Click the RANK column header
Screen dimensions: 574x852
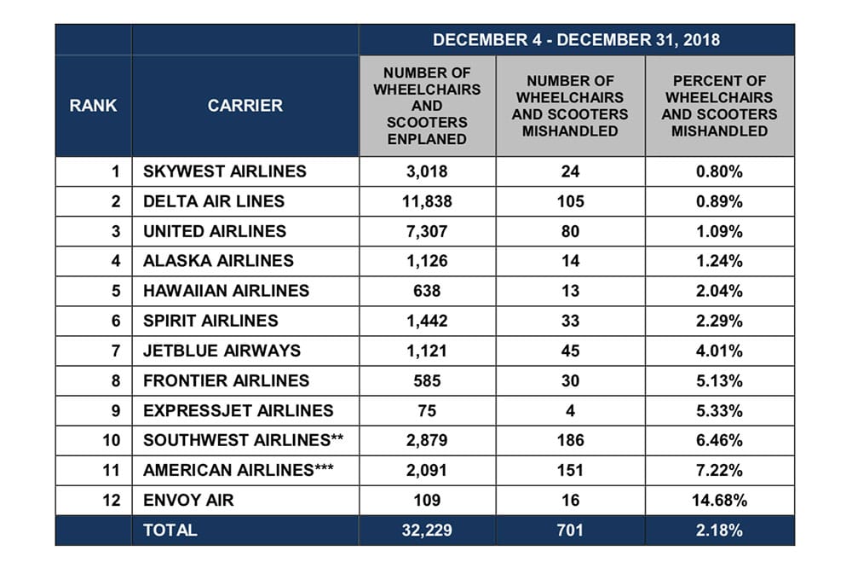pos(94,106)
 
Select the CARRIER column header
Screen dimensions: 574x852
pos(245,106)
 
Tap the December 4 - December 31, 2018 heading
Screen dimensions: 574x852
pos(576,40)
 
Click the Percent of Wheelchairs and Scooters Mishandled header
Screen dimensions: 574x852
pos(719,106)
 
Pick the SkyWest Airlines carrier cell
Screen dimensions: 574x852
pos(224,171)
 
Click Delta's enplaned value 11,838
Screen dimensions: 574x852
pos(427,201)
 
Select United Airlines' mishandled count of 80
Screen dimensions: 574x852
pos(570,231)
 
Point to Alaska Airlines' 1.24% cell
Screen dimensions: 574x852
pos(719,261)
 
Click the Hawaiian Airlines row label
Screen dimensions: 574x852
pos(226,291)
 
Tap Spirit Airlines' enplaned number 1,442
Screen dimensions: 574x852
pos(427,321)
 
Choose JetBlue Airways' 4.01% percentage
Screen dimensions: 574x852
pos(719,351)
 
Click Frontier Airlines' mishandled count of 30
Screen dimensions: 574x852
pos(570,380)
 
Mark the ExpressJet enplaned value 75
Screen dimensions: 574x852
pos(427,410)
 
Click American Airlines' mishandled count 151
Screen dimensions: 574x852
pos(570,470)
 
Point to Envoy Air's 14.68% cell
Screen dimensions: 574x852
pos(719,500)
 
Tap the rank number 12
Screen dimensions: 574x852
pos(112,500)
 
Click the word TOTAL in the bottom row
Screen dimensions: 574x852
pos(170,530)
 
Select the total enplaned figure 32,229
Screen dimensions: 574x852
pos(427,530)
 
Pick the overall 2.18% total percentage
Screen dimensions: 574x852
pos(719,530)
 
